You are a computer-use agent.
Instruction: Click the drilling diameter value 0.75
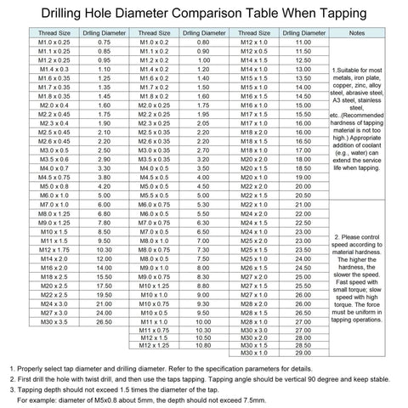[105, 42]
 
